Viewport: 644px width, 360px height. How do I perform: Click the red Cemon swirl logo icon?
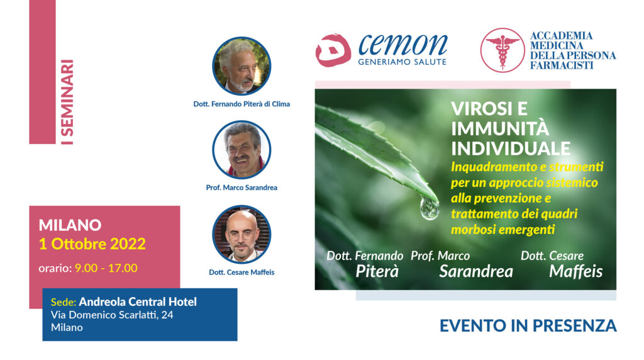333,50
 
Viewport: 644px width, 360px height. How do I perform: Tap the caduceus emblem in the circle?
502,50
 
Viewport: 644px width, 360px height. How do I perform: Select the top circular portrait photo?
241,66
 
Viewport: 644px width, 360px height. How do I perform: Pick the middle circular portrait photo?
241,150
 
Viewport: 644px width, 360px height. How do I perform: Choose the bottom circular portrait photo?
241,234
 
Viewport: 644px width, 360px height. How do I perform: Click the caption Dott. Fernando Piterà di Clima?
241,104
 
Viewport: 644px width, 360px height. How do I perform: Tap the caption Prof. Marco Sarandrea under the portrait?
241,188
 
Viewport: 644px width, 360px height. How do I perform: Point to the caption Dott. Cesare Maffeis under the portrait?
241,273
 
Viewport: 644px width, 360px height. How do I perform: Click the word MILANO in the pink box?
70,225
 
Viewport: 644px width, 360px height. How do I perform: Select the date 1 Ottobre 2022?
92,244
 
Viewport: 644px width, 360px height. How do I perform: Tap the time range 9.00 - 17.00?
106,268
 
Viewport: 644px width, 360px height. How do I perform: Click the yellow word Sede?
64,303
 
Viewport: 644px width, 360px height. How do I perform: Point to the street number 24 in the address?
167,315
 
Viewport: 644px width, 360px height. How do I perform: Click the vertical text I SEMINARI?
67,102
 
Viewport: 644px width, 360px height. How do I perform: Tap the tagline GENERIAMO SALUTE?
402,62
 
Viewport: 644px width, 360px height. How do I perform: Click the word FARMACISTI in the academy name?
562,65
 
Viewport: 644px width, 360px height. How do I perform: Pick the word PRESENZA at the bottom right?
572,326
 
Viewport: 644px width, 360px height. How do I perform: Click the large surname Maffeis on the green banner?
576,272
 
